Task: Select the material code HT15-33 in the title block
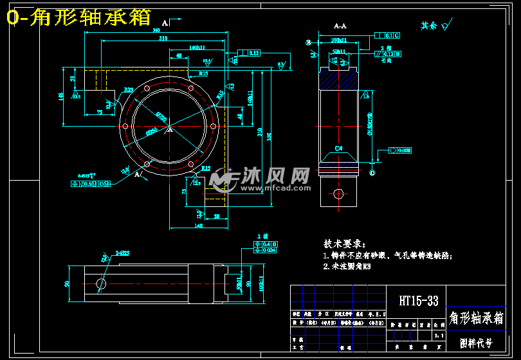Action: click(418, 300)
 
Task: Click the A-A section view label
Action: click(340, 26)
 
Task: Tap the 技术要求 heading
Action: click(344, 244)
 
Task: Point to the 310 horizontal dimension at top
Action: click(163, 39)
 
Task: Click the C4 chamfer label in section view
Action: click(339, 148)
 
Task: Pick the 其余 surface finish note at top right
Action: click(429, 26)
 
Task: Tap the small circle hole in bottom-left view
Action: click(101, 283)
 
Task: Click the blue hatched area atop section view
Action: click(339, 80)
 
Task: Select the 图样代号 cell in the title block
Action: click(476, 343)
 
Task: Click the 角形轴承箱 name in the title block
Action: click(476, 318)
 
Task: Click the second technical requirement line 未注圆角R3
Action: click(347, 265)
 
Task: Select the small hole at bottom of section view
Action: click(339, 194)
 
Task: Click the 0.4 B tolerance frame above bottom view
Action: click(269, 244)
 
